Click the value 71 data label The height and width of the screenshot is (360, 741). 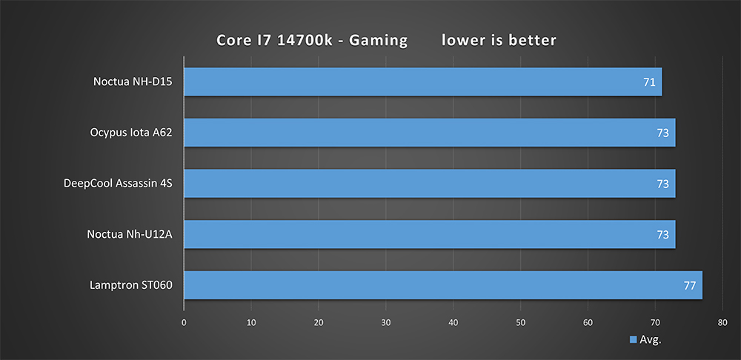(x=649, y=81)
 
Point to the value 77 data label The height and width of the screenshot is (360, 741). (x=689, y=285)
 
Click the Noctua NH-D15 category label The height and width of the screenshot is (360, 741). (x=133, y=81)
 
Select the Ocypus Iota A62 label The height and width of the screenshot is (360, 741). (x=130, y=133)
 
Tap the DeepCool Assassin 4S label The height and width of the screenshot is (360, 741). (x=118, y=183)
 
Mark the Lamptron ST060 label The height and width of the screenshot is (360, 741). (x=127, y=285)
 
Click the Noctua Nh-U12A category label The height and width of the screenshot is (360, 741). (x=130, y=234)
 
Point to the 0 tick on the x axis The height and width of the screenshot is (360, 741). (x=184, y=322)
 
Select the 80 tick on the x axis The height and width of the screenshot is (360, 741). (x=722, y=322)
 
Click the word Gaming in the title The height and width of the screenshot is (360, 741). (x=378, y=40)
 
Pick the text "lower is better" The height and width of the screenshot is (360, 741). (x=499, y=40)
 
